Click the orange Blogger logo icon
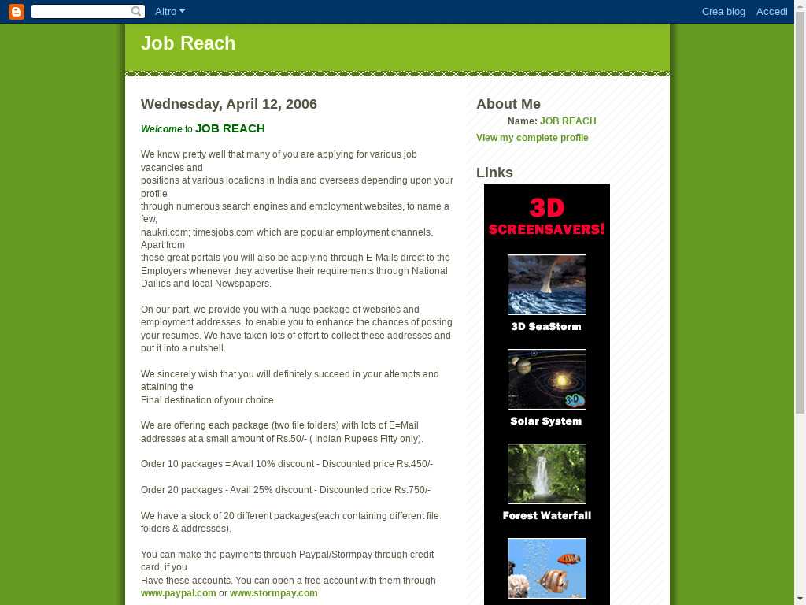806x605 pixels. pos(16,12)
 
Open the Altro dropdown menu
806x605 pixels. pos(169,12)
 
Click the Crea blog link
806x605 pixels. pos(723,12)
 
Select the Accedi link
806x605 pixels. pos(771,12)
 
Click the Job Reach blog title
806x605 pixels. pos(188,43)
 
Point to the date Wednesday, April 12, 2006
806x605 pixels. pos(228,104)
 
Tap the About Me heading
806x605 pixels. pos(508,104)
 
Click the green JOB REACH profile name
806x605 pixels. pos(568,121)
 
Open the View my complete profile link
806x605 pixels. pos(532,138)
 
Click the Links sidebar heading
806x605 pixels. pos(494,173)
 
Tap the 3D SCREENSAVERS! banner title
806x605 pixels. pos(546,217)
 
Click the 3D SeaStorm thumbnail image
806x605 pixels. pos(546,284)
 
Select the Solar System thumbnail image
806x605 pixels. pos(546,379)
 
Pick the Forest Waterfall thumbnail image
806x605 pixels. pos(546,473)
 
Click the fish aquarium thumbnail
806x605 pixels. pos(546,568)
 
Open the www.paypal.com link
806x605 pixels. pos(178,593)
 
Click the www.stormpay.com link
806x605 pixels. pos(273,593)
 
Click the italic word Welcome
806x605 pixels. pos(161,129)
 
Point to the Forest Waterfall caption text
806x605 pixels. pos(546,516)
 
